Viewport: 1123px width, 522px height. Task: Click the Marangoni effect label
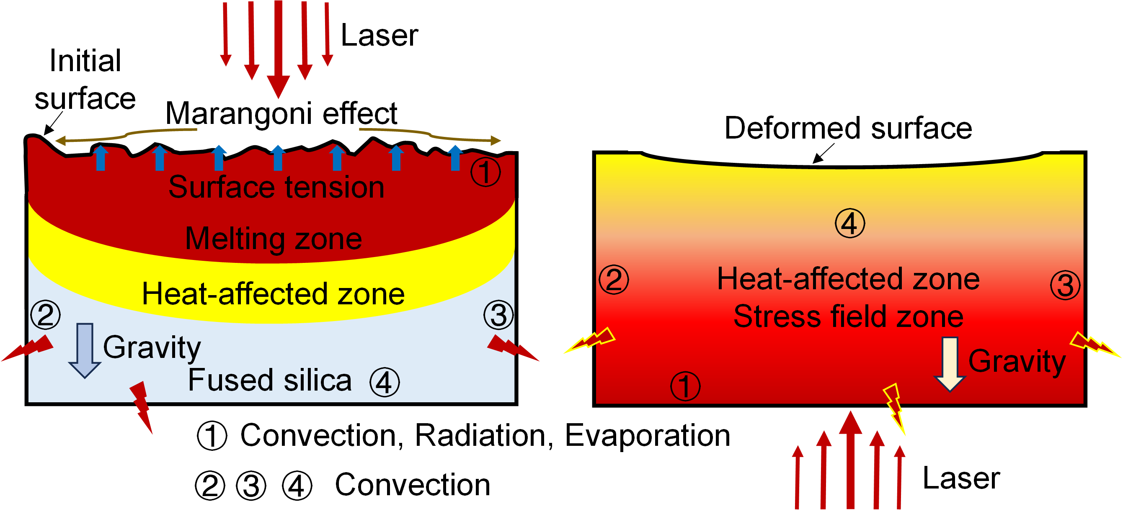(x=281, y=113)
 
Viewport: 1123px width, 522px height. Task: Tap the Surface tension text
(x=276, y=187)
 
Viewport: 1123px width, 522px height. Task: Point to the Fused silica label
(x=269, y=380)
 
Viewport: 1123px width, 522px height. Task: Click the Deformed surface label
(x=848, y=128)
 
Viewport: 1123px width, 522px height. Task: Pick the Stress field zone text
(x=848, y=316)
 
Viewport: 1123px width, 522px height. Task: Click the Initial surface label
(x=85, y=79)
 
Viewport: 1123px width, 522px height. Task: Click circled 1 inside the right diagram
(x=685, y=386)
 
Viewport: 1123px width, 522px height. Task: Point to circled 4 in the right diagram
(x=849, y=224)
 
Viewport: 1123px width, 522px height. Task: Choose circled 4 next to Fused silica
(x=384, y=382)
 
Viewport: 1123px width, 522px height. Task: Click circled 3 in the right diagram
(x=1065, y=285)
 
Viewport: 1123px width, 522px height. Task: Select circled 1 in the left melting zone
(x=485, y=172)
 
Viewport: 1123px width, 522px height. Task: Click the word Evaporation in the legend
(x=648, y=435)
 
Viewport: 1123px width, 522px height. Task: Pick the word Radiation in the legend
(x=484, y=435)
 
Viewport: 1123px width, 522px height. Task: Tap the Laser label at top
(x=379, y=35)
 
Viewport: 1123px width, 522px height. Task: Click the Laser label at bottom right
(x=961, y=478)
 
